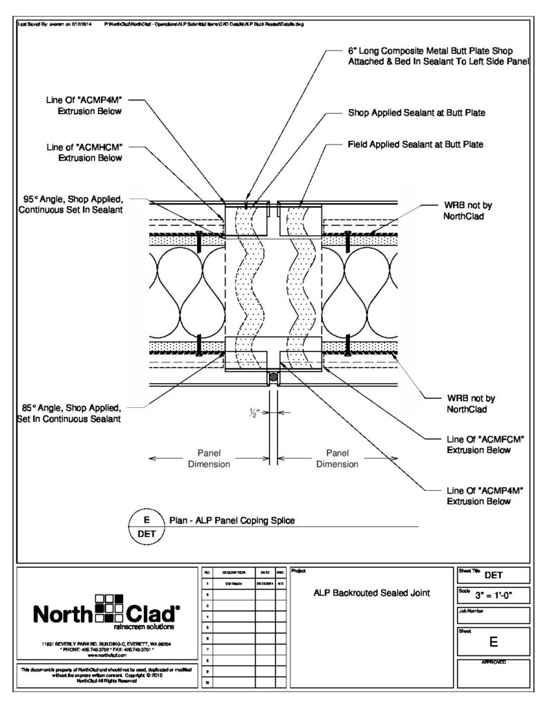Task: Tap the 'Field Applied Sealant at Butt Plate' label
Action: pos(415,145)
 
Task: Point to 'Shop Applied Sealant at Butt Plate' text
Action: pos(415,112)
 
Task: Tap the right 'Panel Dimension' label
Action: pos(337,458)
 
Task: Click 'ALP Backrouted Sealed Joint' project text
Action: pos(372,592)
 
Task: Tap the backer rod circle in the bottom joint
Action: pos(274,378)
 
